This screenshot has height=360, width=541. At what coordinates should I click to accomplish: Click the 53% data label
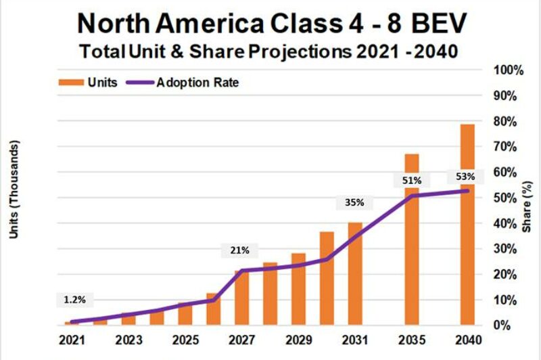coord(465,177)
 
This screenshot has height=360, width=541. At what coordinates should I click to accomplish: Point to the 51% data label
coord(412,181)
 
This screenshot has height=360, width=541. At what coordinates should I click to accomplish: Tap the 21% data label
coord(240,250)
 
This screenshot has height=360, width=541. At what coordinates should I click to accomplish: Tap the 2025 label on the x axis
coord(184,340)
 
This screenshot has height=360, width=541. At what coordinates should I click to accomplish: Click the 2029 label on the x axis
coord(298,340)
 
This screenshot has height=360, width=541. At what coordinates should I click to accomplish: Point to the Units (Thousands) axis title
coord(15,189)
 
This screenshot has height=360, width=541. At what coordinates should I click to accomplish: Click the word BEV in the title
coord(436,23)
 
